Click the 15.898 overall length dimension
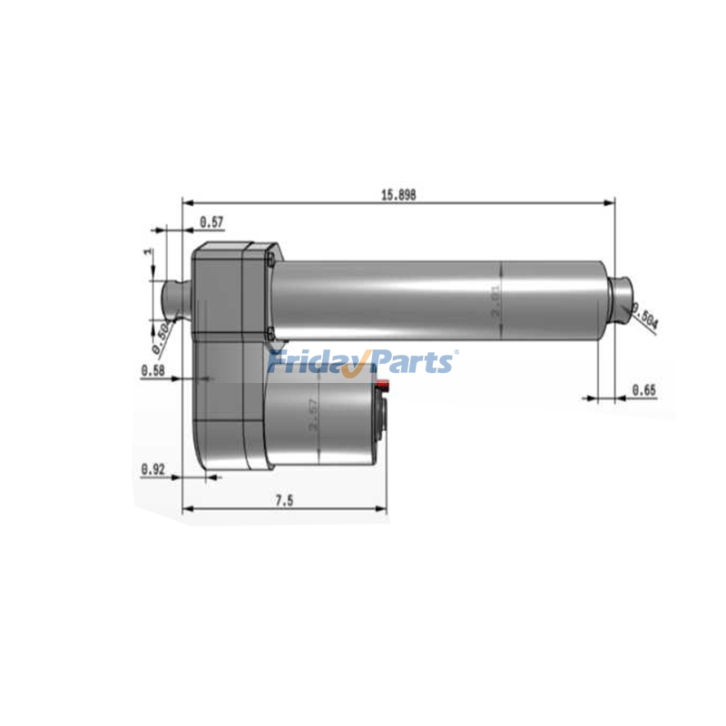click(x=397, y=194)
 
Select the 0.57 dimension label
click(x=211, y=221)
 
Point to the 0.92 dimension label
click(x=152, y=469)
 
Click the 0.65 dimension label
click(x=644, y=390)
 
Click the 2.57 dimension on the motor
click(x=313, y=414)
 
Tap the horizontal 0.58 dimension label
click(x=152, y=370)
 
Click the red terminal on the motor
click(x=385, y=388)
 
